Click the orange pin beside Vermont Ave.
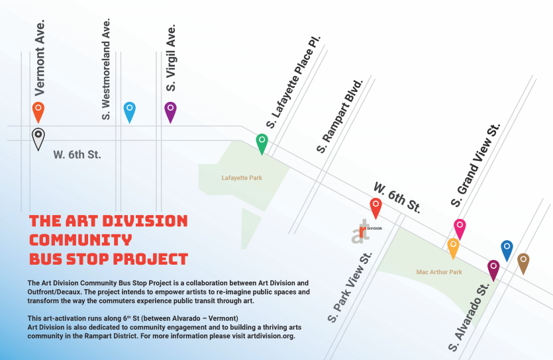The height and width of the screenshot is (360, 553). (38, 111)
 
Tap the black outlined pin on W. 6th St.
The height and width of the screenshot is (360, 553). (38, 138)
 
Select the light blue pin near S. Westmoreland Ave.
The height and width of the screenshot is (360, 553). (130, 111)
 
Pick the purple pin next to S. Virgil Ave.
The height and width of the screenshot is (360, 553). (170, 111)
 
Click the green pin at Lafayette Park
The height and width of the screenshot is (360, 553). (262, 143)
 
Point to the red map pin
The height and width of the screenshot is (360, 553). (376, 207)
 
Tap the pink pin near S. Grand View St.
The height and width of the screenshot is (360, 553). (460, 228)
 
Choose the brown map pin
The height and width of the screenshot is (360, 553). (523, 262)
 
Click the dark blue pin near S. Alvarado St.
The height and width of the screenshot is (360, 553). (507, 249)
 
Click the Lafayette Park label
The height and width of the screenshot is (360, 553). (238, 177)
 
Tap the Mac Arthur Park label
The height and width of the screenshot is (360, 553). (439, 272)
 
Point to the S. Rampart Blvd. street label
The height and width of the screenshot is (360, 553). (340, 116)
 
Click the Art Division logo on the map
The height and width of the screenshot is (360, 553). (363, 232)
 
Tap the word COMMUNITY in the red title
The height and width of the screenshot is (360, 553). (81, 240)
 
